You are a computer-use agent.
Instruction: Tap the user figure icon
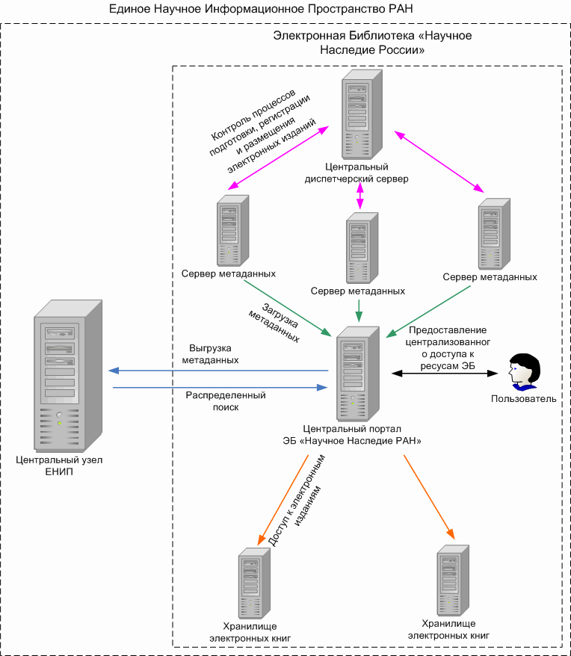pos(523,371)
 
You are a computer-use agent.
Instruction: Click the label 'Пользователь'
pos(523,399)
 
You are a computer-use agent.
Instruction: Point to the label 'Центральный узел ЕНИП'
pos(59,467)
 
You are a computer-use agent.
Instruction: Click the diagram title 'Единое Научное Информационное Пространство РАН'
pos(260,9)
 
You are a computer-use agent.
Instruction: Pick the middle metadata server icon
pos(359,247)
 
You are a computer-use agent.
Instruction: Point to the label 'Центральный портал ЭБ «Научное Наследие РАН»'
pos(352,436)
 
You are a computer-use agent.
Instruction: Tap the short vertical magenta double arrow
pos(360,196)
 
